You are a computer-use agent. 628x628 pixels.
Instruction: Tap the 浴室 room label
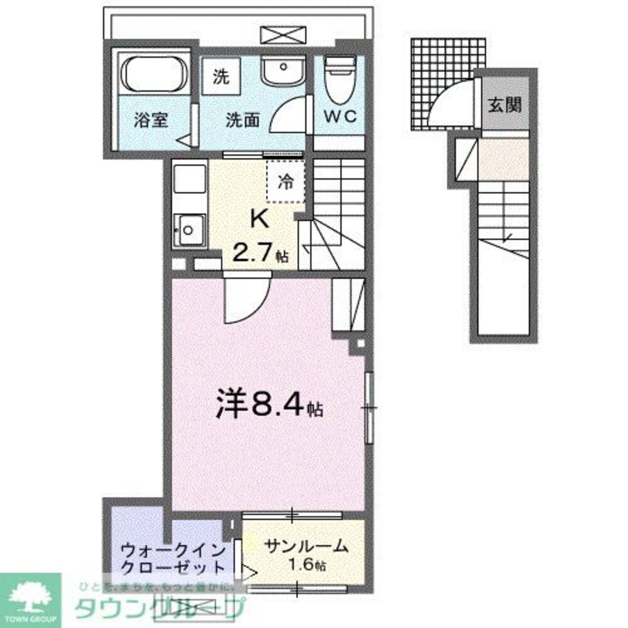[x=151, y=120]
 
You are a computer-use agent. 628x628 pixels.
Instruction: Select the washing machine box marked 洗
[x=220, y=77]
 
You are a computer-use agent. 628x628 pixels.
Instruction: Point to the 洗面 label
[x=243, y=120]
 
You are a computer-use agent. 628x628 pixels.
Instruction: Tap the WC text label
[x=340, y=116]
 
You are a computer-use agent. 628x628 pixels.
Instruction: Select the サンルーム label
[x=306, y=546]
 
